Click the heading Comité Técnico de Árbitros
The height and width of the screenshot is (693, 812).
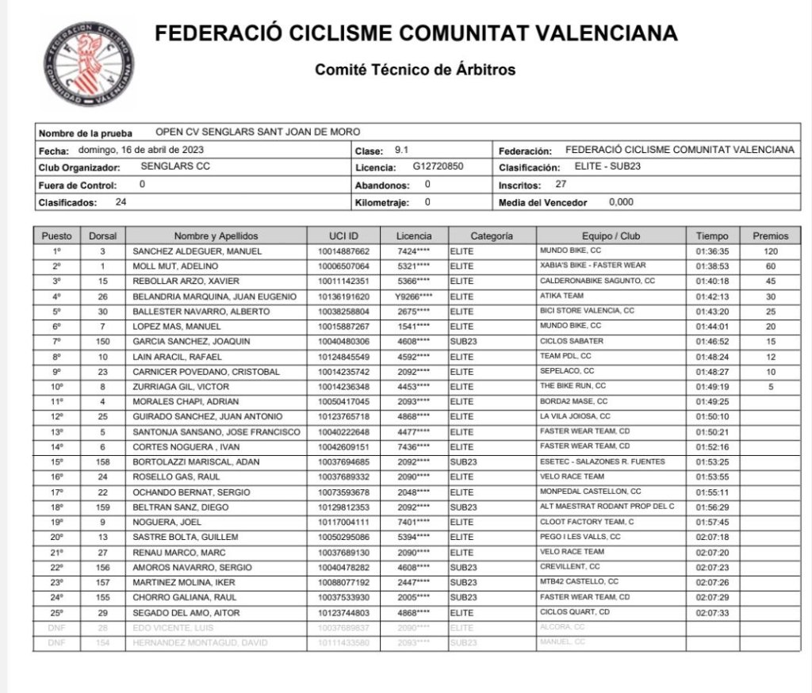tap(415, 70)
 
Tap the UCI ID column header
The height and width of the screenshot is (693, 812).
tap(343, 235)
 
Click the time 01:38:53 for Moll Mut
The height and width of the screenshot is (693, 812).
tap(712, 266)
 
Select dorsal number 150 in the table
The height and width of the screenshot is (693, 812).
tap(102, 341)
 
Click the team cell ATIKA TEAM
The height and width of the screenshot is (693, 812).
tap(562, 296)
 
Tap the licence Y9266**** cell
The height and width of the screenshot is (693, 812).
tap(415, 297)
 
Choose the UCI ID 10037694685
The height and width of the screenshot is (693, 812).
tap(343, 461)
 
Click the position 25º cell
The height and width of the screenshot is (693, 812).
tap(56, 613)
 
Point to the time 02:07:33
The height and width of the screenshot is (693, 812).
tap(712, 613)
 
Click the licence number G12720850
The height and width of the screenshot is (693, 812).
tap(439, 167)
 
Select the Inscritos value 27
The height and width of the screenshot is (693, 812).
tap(560, 185)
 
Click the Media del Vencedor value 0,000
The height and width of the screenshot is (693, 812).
tap(622, 202)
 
